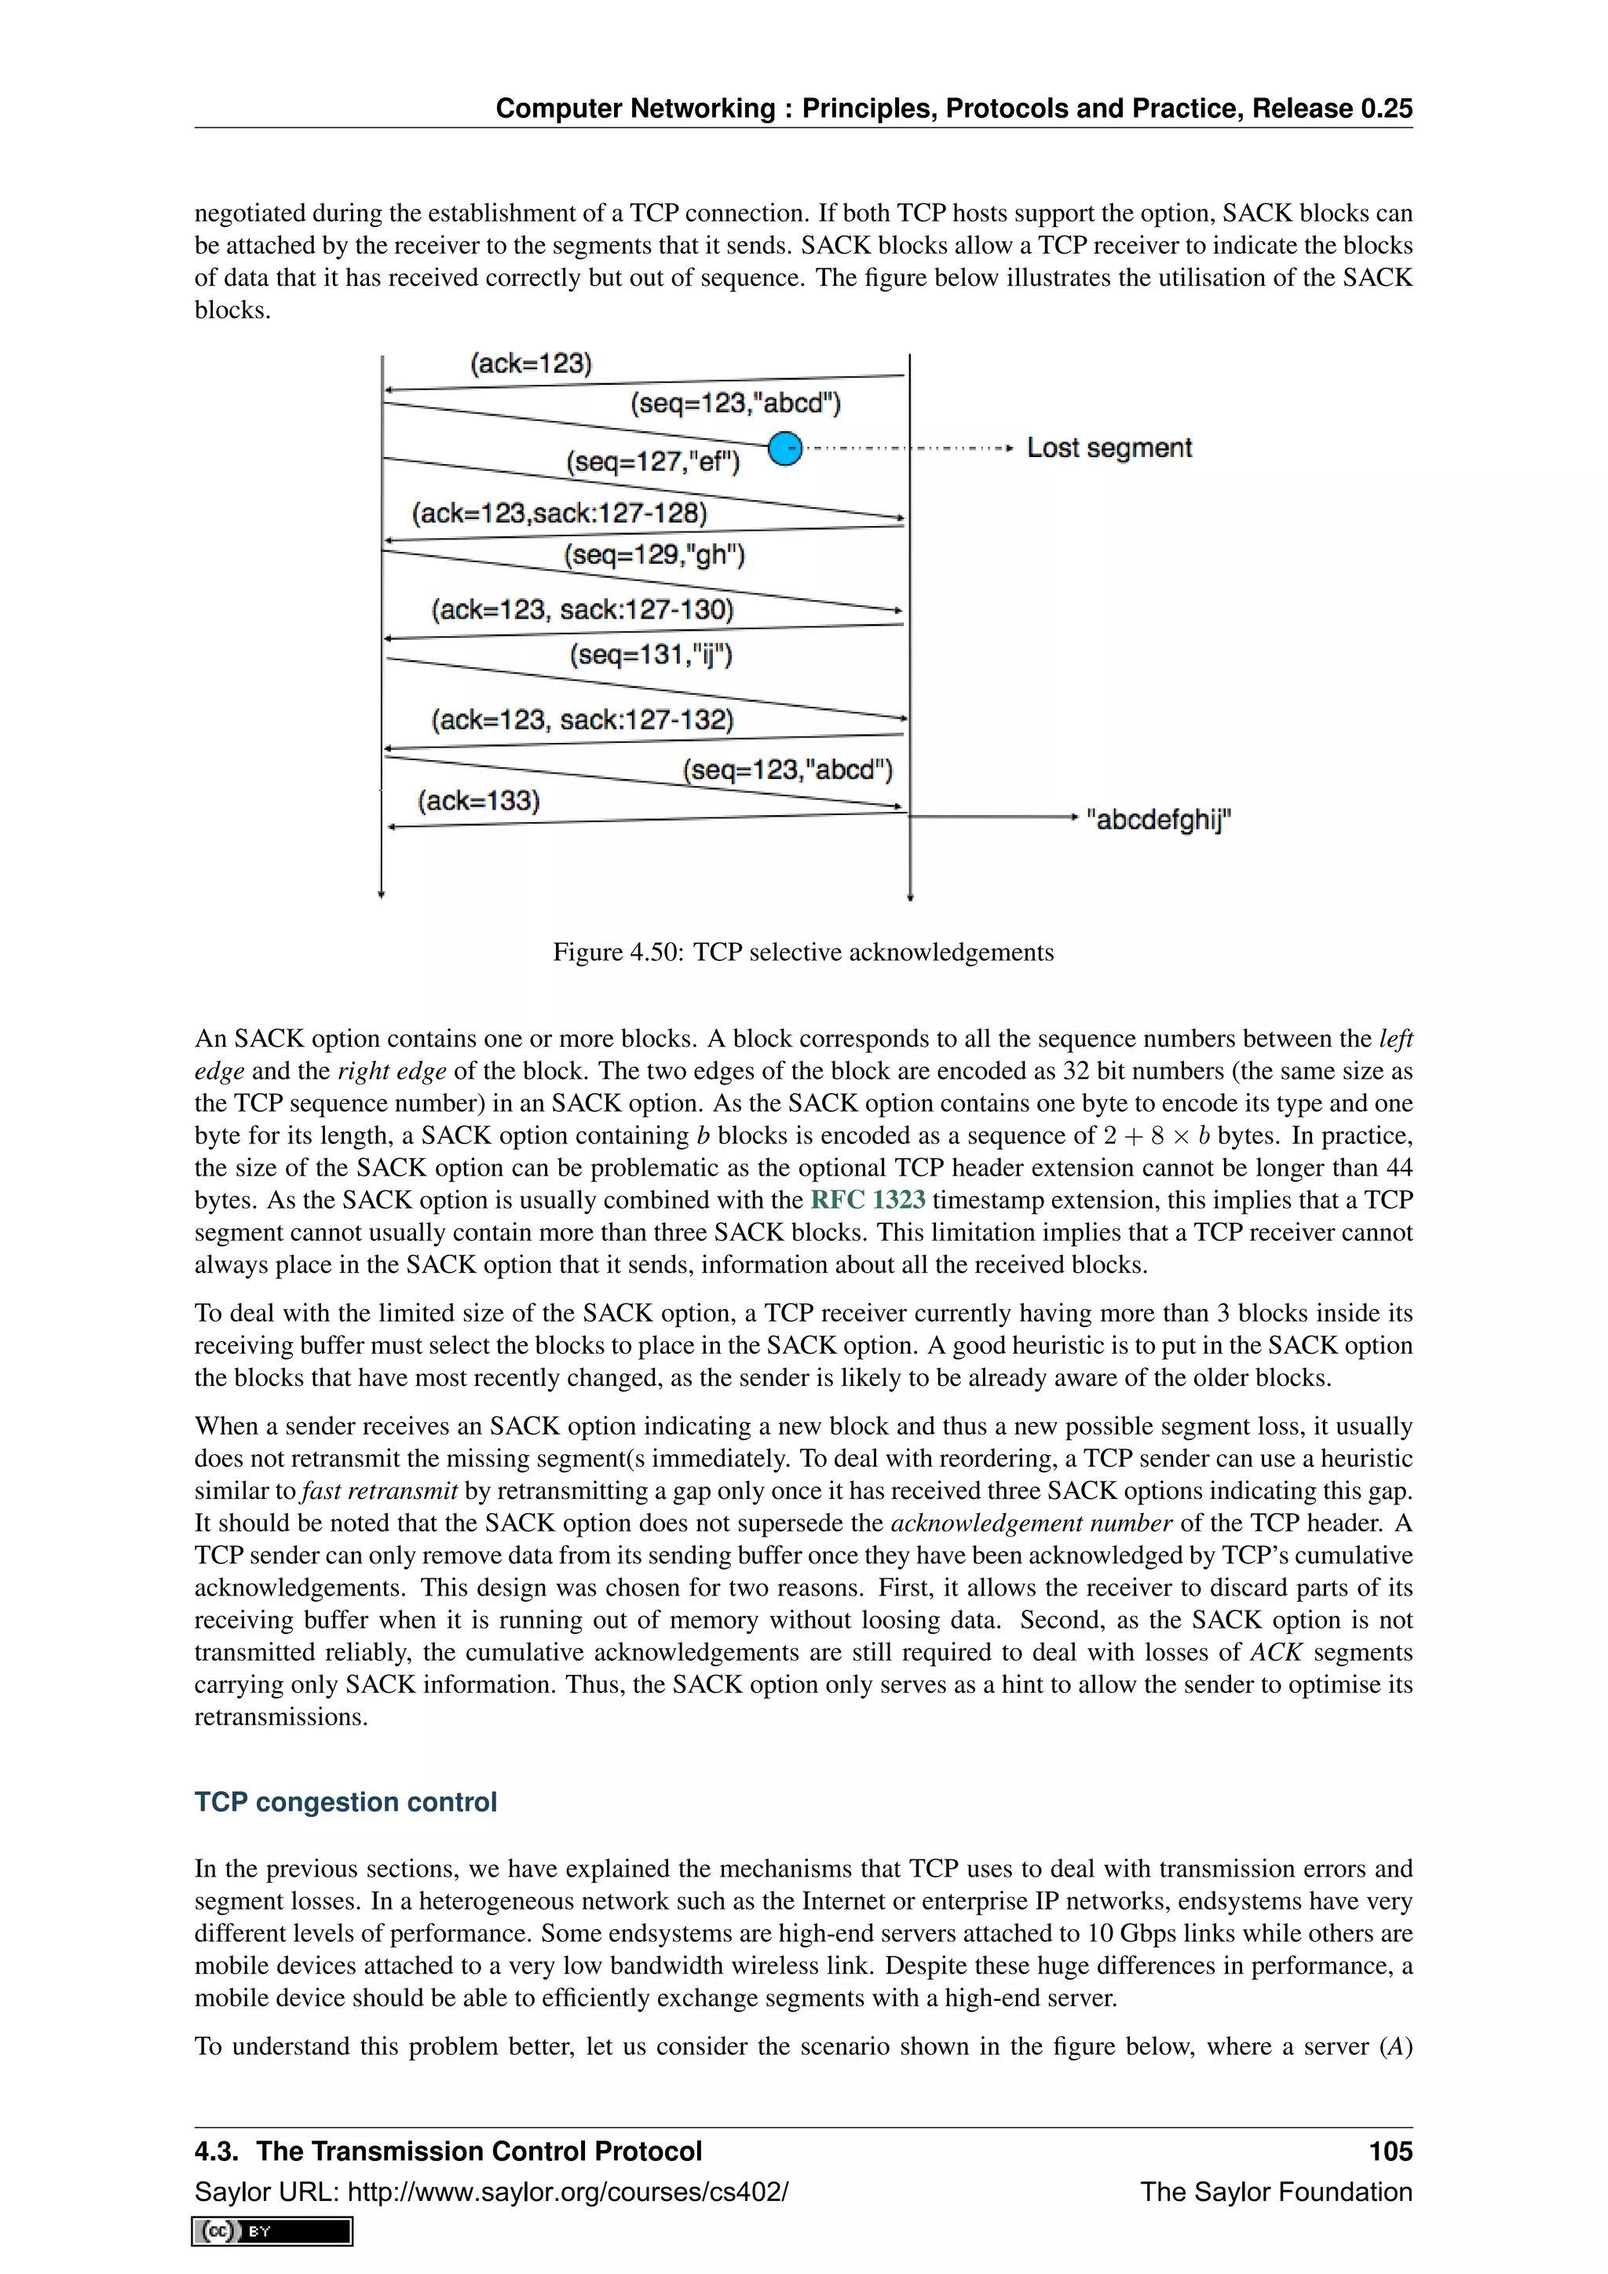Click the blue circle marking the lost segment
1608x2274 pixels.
pyautogui.click(x=784, y=448)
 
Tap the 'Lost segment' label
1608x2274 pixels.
pyautogui.click(x=1108, y=448)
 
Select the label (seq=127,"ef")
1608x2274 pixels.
pyautogui.click(x=652, y=462)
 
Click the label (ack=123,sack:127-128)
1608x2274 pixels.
pyautogui.click(x=560, y=513)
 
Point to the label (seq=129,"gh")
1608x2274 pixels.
pyautogui.click(x=653, y=554)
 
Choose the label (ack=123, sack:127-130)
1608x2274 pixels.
pyautogui.click(x=583, y=609)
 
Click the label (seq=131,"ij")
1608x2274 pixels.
pyautogui.click(x=651, y=655)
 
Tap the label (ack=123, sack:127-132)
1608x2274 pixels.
pyautogui.click(x=583, y=720)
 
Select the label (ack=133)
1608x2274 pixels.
pyautogui.click(x=478, y=800)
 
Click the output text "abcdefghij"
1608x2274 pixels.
pyautogui.click(x=1157, y=819)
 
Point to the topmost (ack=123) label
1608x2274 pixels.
pyautogui.click(x=531, y=364)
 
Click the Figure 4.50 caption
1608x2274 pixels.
pyautogui.click(x=803, y=952)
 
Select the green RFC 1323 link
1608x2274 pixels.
pyautogui.click(x=868, y=1201)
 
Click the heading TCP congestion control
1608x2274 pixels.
pyautogui.click(x=345, y=1801)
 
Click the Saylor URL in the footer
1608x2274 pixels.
pyautogui.click(x=491, y=2192)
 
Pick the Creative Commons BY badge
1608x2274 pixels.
pyautogui.click(x=272, y=2231)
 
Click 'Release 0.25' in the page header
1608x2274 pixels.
pyautogui.click(x=1332, y=108)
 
